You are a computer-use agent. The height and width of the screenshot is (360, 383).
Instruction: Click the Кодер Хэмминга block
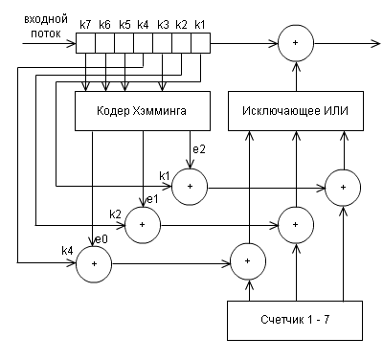(142, 112)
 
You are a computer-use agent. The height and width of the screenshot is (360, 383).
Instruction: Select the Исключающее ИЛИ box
(286, 112)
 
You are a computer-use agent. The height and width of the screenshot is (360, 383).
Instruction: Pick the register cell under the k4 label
(144, 42)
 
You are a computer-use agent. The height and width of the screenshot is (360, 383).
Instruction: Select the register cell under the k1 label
(200, 42)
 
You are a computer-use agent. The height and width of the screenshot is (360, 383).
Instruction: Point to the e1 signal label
(151, 199)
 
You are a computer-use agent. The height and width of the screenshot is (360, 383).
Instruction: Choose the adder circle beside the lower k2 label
(143, 223)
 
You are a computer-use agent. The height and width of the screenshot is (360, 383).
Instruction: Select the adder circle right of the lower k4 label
(94, 261)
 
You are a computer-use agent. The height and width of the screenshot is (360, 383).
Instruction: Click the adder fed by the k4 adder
(248, 260)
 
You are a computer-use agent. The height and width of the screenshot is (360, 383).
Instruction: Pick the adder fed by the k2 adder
(294, 223)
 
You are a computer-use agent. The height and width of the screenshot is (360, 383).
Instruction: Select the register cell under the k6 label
(105, 42)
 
